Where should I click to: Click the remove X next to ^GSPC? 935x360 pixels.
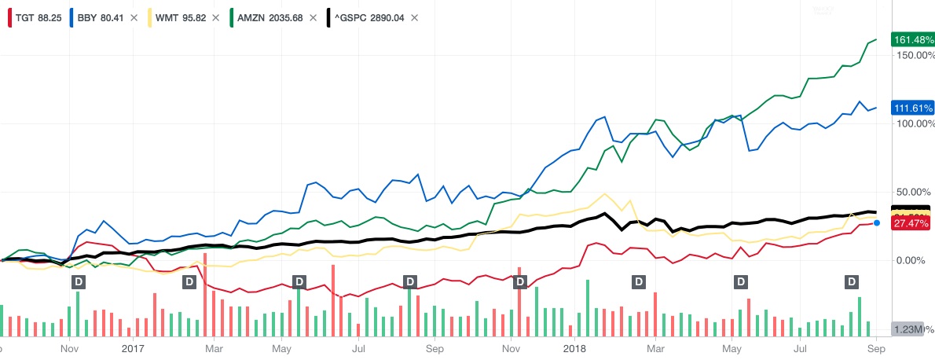point(415,17)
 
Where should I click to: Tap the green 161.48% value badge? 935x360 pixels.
point(911,39)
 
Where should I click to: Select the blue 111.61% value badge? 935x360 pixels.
point(911,108)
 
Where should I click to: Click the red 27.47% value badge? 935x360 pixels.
point(911,224)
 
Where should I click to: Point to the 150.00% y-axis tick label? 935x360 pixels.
point(911,56)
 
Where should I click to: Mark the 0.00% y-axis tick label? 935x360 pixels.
point(913,260)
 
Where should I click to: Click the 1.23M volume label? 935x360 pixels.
point(907,330)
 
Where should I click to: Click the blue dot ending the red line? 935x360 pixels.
point(877,223)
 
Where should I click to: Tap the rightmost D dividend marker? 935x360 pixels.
point(850,281)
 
